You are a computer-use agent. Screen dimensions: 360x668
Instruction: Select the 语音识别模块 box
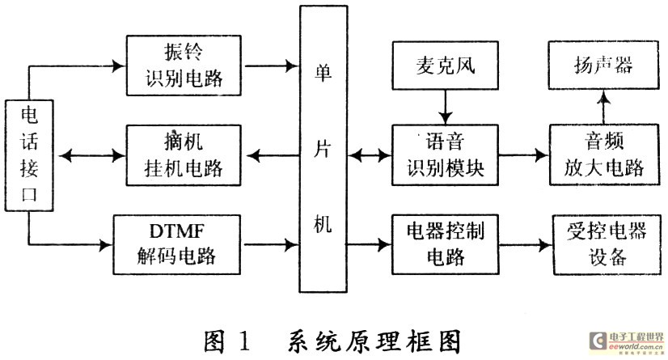tap(443, 154)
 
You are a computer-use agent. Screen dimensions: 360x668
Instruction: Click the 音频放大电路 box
tap(600, 154)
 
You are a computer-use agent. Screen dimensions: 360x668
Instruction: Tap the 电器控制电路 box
tap(443, 242)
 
